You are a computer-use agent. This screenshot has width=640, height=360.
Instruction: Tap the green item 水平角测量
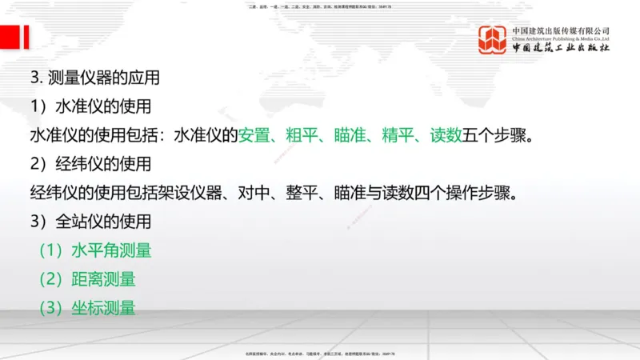[x=111, y=250]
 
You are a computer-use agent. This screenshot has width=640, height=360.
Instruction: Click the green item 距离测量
[x=103, y=278]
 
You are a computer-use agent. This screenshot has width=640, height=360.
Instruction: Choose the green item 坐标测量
[x=103, y=307]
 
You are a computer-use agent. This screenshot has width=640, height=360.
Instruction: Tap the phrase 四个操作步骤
[x=467, y=193]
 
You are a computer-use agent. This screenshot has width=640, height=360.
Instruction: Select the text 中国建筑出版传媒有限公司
[x=560, y=31]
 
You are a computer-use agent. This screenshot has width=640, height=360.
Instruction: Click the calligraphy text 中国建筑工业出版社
[x=560, y=48]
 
